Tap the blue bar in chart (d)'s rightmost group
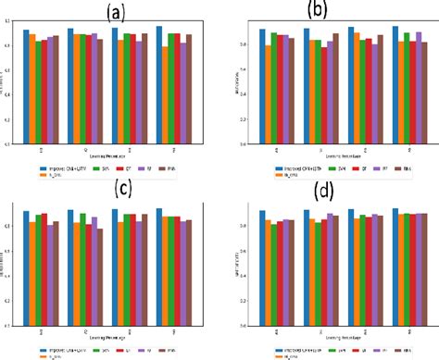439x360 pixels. (x=395, y=267)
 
